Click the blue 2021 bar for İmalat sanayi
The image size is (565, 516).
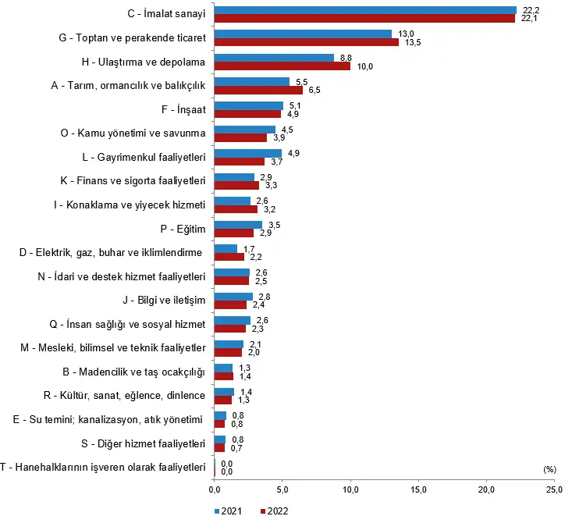[365, 10]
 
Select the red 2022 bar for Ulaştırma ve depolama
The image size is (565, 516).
[282, 66]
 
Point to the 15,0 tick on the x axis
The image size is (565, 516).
[419, 489]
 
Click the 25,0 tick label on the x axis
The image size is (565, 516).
[553, 489]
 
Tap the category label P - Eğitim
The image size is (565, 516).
[182, 229]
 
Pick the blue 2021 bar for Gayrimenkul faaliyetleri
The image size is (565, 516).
[248, 153]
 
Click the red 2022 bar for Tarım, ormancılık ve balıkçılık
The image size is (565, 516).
[258, 91]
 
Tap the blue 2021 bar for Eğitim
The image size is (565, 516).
[238, 224]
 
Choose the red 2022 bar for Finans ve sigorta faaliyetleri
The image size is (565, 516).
[236, 186]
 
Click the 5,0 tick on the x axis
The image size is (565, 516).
[282, 489]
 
